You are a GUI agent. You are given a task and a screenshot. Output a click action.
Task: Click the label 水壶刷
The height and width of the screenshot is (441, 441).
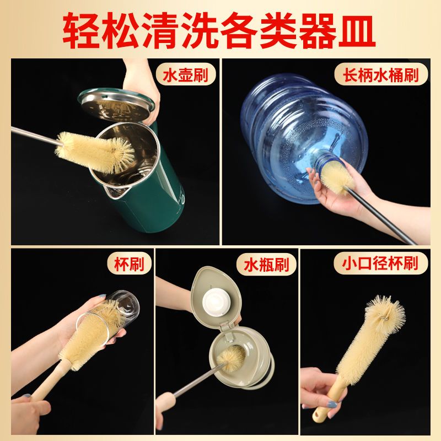pyautogui.click(x=185, y=75)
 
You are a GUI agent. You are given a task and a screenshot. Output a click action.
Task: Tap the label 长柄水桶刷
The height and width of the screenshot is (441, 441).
pyautogui.click(x=381, y=75)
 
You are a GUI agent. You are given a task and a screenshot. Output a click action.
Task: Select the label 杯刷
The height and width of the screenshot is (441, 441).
pyautogui.click(x=129, y=264)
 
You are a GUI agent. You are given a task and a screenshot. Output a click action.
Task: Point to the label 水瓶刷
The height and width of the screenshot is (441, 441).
pyautogui.click(x=266, y=264)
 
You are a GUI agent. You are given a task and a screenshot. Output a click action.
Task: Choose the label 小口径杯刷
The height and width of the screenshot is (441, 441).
pyautogui.click(x=381, y=263)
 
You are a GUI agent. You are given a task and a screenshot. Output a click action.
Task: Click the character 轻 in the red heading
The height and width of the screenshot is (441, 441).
pyautogui.click(x=82, y=31)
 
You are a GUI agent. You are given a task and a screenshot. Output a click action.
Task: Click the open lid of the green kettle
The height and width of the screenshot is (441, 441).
pyautogui.click(x=116, y=105)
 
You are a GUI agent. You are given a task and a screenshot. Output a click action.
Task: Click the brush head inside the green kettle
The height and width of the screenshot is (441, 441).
pyautogui.click(x=95, y=152)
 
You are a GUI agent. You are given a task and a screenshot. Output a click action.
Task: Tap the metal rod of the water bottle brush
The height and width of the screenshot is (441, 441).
pyautogui.click(x=199, y=379)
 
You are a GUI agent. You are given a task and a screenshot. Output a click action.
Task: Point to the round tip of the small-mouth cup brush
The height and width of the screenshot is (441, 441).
pyautogui.click(x=385, y=311)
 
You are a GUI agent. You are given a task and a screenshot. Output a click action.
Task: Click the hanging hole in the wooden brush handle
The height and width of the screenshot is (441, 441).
pyautogui.click(x=318, y=415)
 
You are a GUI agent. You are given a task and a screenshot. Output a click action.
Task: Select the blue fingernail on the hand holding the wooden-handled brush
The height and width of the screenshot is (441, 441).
pyautogui.click(x=332, y=405)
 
